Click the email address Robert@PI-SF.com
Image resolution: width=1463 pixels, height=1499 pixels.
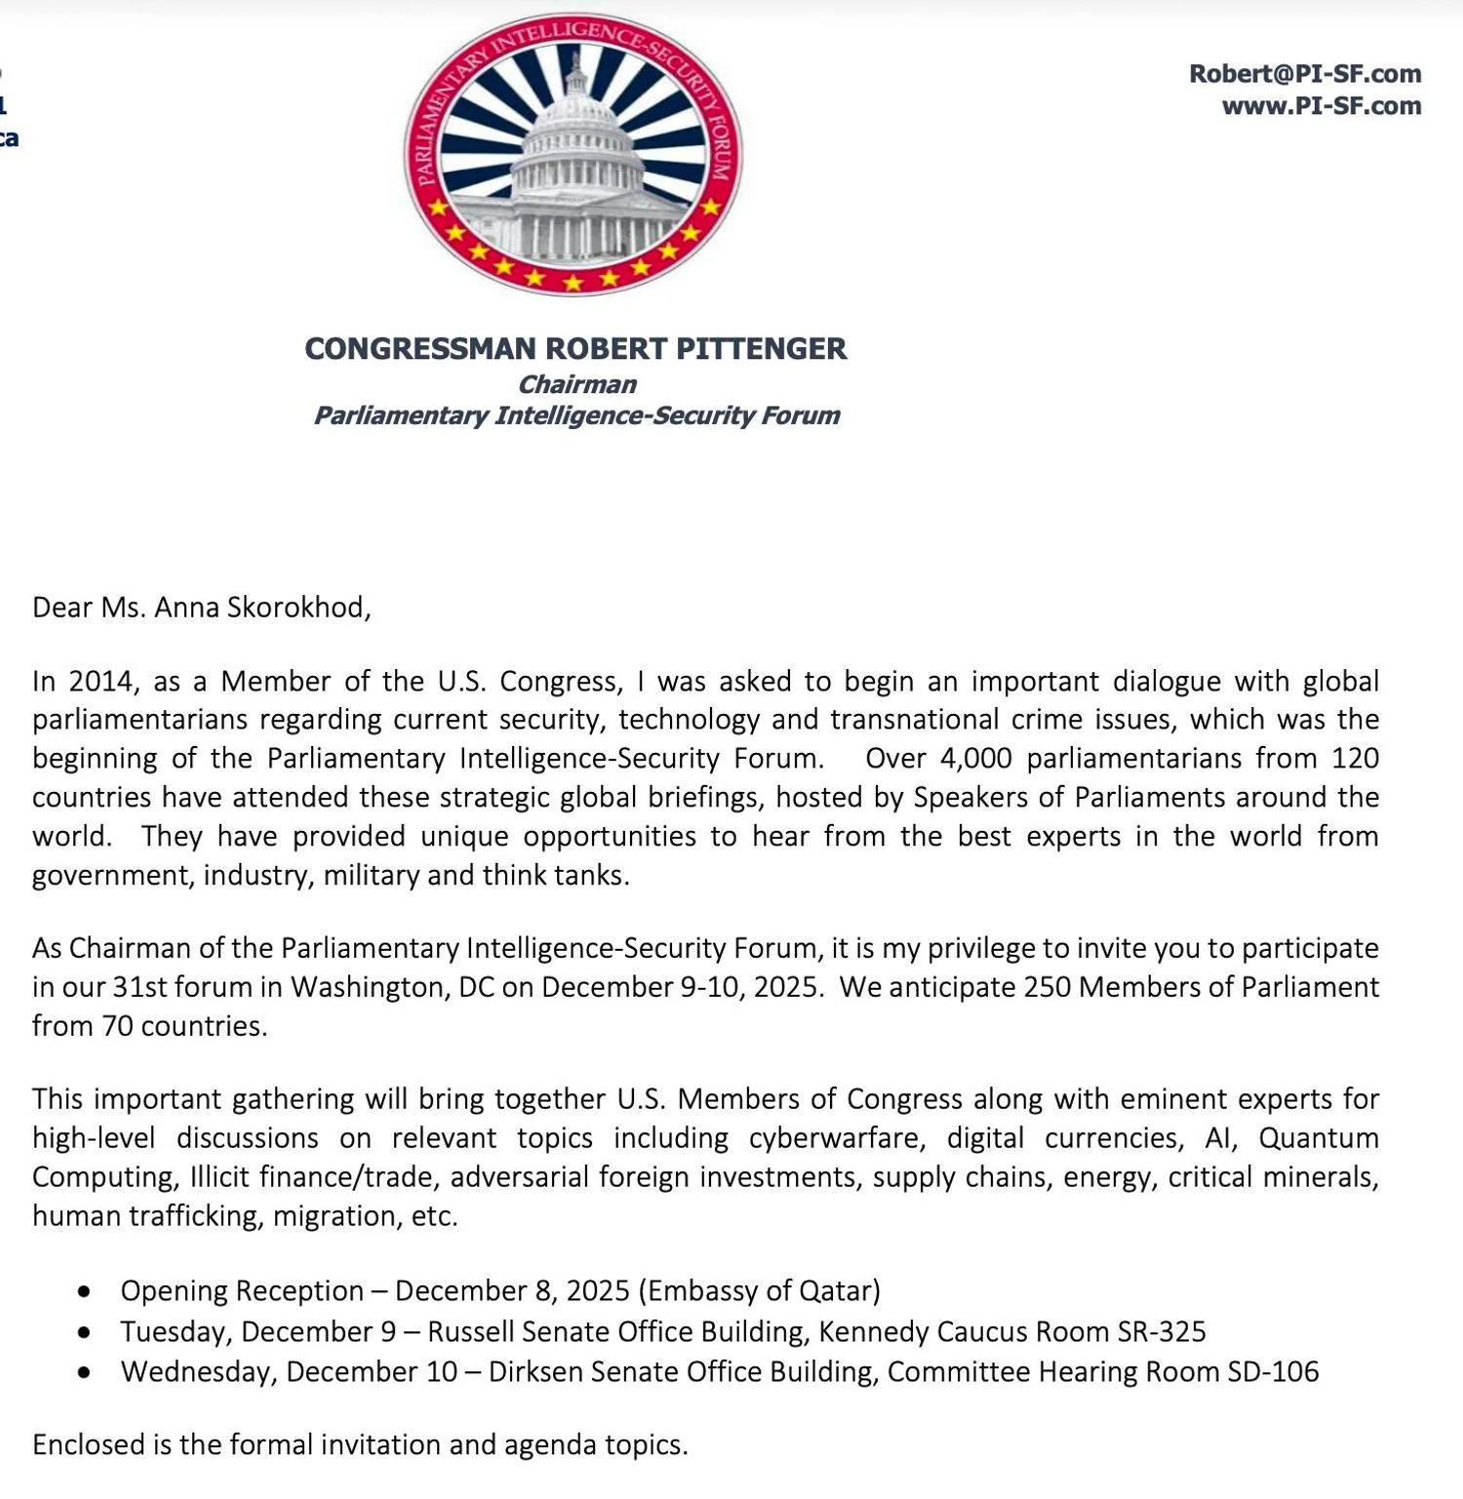click(x=1304, y=74)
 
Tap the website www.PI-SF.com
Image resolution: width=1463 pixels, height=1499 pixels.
click(x=1321, y=106)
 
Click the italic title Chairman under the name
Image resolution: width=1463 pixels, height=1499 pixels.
click(x=576, y=384)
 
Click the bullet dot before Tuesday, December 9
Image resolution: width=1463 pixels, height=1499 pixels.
click(x=86, y=1332)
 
